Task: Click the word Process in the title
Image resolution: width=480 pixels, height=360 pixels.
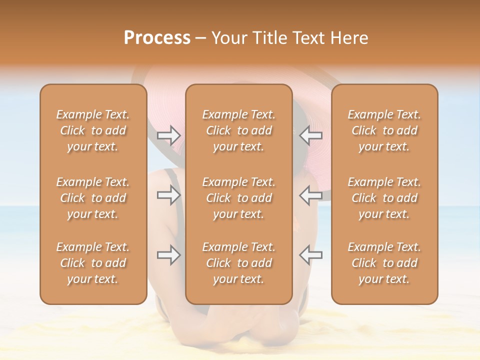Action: click(x=157, y=38)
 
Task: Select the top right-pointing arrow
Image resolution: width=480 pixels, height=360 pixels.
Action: click(x=168, y=135)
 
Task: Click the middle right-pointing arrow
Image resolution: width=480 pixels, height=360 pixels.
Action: click(x=168, y=194)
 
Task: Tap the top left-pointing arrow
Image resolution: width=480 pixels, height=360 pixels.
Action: click(x=310, y=135)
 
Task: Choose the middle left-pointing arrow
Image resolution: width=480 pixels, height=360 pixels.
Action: click(x=310, y=194)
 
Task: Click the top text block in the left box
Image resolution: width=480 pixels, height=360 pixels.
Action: click(x=93, y=130)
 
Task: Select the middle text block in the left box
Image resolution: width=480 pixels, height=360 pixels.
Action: click(x=93, y=198)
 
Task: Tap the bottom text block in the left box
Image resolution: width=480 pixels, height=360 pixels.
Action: click(x=93, y=263)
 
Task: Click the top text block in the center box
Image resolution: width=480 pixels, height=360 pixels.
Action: click(x=238, y=130)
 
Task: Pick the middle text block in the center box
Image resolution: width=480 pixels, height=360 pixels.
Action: click(x=238, y=198)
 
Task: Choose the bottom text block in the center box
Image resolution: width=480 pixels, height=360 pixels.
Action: click(x=238, y=263)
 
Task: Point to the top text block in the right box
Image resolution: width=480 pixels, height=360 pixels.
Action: click(x=384, y=130)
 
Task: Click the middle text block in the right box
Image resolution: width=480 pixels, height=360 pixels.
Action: click(x=384, y=198)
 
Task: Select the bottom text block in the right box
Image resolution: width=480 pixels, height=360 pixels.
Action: click(x=384, y=263)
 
